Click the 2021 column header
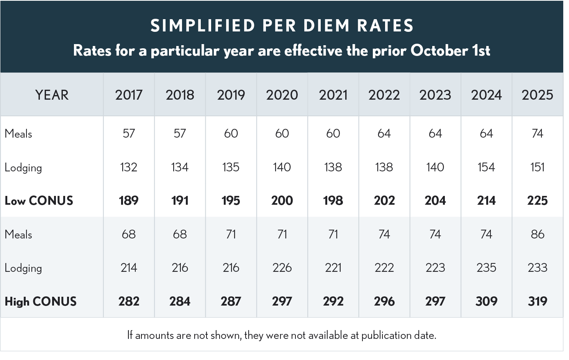pos(333,95)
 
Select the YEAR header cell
pos(52,95)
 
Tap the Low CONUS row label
pos(39,201)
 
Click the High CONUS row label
pos(41,301)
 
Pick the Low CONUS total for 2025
pos(537,201)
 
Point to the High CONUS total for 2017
pos(129,301)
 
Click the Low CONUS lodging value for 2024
pos(486,167)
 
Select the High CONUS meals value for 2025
pos(537,234)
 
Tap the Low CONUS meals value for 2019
pos(231,133)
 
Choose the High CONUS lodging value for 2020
pos(282,268)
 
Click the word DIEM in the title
pos(326,26)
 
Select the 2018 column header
pos(180,95)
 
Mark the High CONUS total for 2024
pos(486,301)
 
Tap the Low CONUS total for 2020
pos(282,201)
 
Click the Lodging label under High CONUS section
pos(23,268)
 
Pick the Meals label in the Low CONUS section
pos(18,134)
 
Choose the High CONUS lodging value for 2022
pos(384,268)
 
